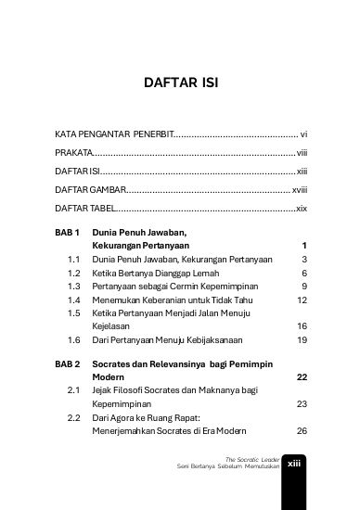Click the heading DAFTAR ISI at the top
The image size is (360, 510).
pos(180,85)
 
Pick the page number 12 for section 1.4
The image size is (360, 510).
pos(301,300)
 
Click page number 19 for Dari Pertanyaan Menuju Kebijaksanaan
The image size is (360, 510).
pos(301,340)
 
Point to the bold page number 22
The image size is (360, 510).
pos(301,377)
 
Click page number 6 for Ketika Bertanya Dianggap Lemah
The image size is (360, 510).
pos(303,274)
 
